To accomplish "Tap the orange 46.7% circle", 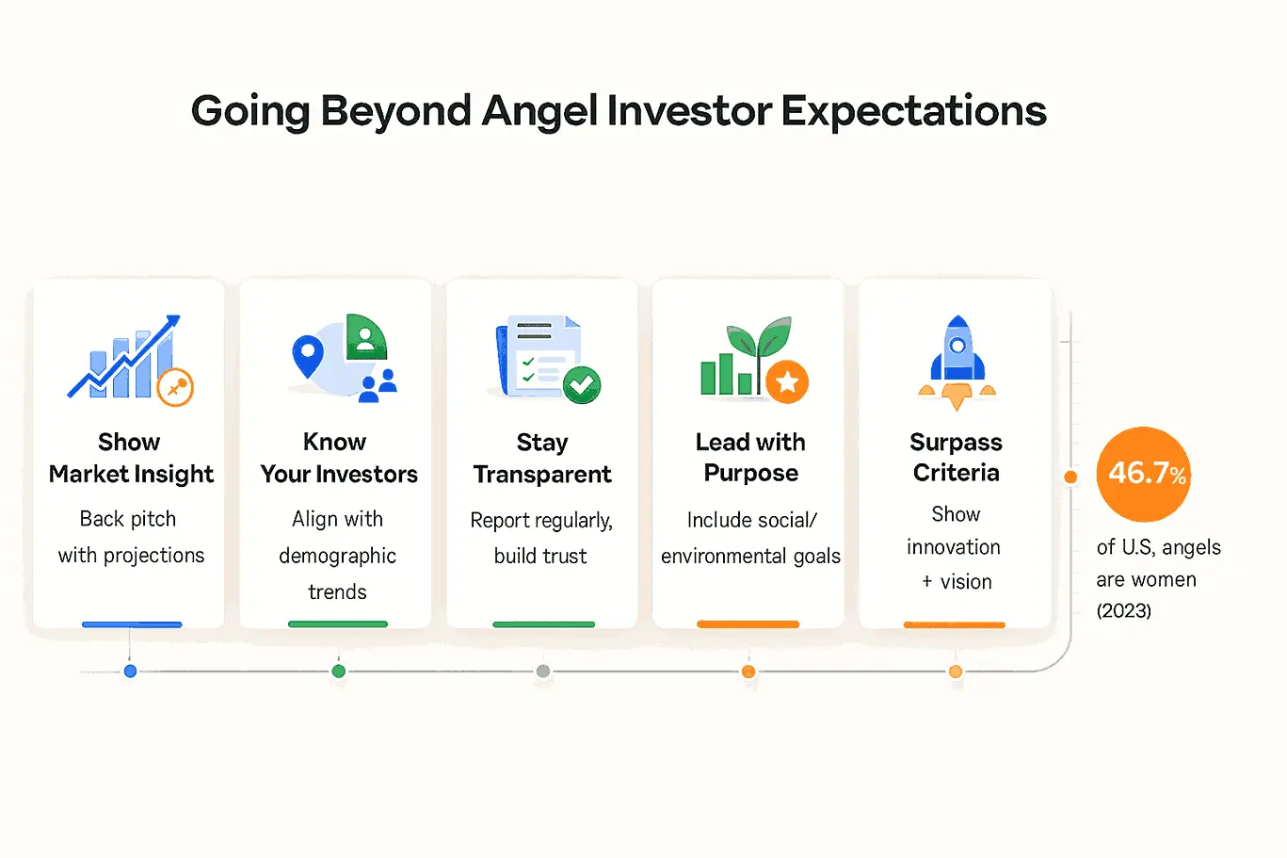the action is pos(1143,474).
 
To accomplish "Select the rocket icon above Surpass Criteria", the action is pos(957,363).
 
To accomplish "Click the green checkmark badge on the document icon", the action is pos(582,385).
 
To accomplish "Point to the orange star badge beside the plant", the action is pos(786,382).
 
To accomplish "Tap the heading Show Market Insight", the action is pos(131,458).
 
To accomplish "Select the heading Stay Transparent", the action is pos(541,458).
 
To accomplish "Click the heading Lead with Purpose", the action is pos(750,458).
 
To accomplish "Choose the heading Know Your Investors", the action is pos(338,458).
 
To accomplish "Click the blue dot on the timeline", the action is pos(131,671).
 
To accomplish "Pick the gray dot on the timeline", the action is pos(543,671).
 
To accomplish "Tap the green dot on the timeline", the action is pos(338,671).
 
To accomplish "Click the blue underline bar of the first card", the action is pos(132,624).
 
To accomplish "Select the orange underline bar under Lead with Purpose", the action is pos(748,624).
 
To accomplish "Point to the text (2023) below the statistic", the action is pos(1123,610).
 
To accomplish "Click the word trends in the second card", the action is pos(337,591).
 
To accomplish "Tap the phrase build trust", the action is pos(540,557).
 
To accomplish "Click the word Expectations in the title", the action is pos(913,111).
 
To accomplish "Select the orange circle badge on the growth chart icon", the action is pos(175,387).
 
